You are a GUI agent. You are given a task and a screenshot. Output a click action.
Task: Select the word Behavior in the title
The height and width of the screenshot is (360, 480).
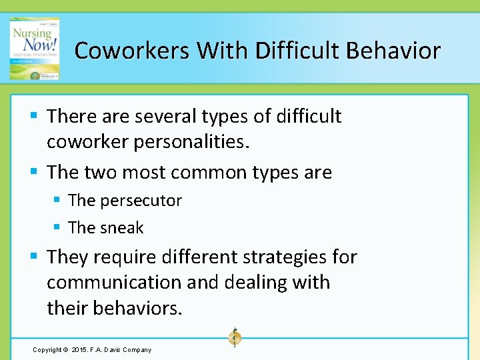coord(392,51)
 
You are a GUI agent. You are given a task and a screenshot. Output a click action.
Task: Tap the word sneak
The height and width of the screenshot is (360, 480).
coord(123,228)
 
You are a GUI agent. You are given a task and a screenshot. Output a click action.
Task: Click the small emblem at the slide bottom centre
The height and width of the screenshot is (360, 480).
coord(234,337)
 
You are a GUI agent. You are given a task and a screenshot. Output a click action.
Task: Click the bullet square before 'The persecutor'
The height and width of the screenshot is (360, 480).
coord(58,201)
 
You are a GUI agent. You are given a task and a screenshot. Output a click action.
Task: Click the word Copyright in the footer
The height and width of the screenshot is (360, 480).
coord(47,350)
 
